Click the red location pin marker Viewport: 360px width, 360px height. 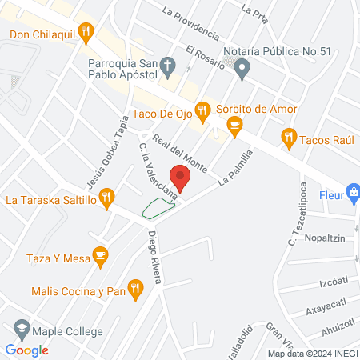click(x=180, y=178)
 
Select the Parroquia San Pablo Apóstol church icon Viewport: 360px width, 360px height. click(x=167, y=64)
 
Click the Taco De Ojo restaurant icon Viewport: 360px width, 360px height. click(x=203, y=109)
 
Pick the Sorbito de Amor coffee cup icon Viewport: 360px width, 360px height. click(x=234, y=123)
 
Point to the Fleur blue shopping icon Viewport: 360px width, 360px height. click(x=352, y=192)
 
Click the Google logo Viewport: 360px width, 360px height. click(x=26, y=350)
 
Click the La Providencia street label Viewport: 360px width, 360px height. click(x=189, y=23)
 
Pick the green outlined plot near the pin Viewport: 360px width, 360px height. click(x=158, y=208)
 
